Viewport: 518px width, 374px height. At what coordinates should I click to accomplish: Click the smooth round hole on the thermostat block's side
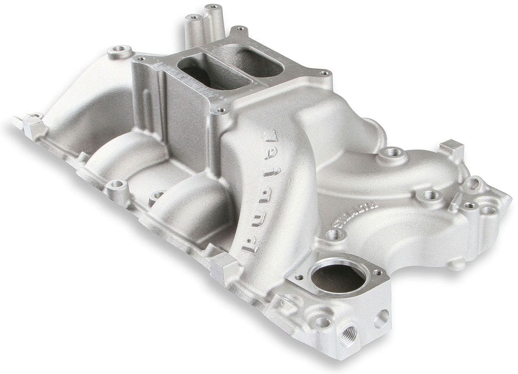click(x=381, y=318)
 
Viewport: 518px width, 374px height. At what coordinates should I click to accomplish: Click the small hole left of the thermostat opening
click(x=297, y=277)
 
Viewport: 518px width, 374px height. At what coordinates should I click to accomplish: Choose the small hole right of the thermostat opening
click(x=378, y=274)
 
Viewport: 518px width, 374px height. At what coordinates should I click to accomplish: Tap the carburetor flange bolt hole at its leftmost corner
click(x=140, y=58)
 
